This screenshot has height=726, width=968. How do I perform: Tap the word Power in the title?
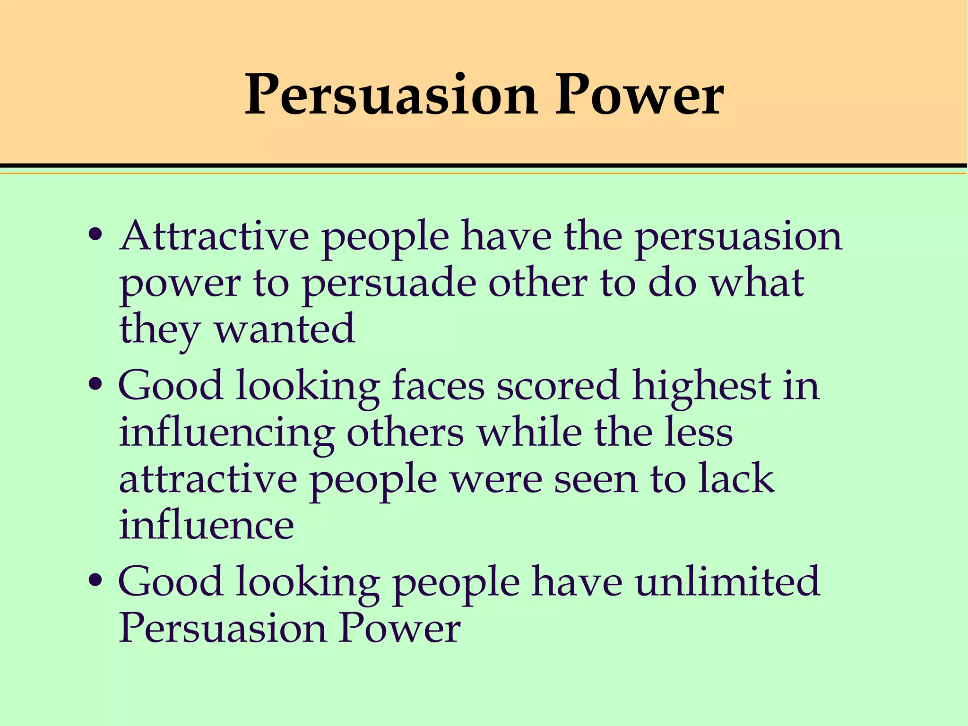click(x=639, y=96)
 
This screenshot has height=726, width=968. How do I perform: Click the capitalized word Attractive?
click(x=215, y=236)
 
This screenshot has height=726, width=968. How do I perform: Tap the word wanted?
click(x=285, y=329)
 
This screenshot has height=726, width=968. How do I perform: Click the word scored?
click(x=558, y=386)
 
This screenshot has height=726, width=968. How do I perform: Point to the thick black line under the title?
click(x=484, y=165)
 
